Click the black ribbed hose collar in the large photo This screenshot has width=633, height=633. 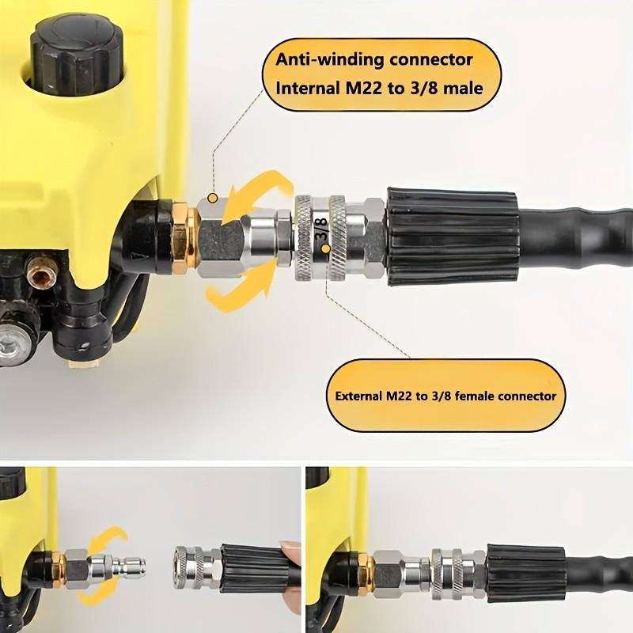(x=451, y=237)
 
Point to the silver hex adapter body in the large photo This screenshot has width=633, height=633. (x=217, y=238)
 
